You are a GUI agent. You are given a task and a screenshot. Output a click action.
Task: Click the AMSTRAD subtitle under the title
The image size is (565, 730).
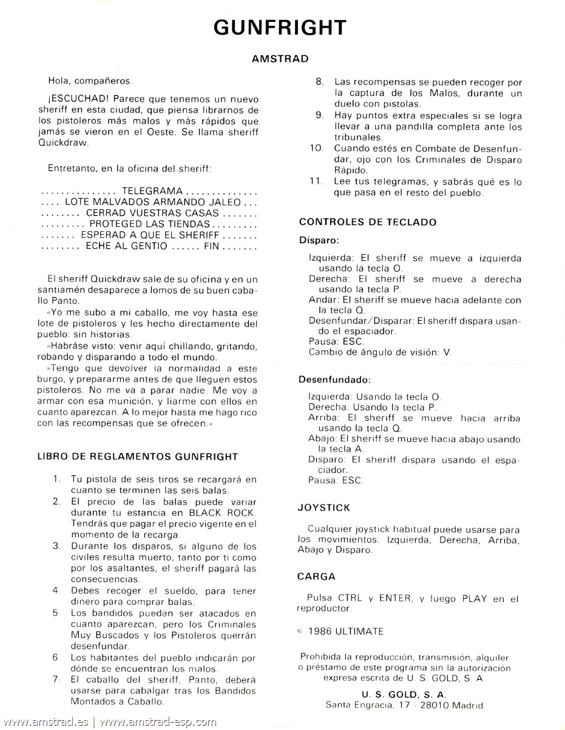point(280,59)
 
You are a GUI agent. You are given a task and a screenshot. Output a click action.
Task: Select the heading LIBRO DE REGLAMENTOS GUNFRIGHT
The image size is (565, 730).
point(138,457)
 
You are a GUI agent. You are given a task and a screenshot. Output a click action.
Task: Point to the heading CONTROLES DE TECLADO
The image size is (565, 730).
point(368,222)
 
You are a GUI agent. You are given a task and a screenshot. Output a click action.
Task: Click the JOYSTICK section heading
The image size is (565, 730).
point(323,507)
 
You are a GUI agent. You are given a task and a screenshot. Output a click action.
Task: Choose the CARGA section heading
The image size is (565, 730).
point(316,576)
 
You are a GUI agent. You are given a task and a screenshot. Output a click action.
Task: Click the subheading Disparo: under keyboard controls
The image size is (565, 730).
point(319,240)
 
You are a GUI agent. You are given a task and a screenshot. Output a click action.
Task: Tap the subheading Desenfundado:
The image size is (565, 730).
point(334,380)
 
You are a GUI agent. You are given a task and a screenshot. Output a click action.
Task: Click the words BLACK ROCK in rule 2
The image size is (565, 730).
point(223,512)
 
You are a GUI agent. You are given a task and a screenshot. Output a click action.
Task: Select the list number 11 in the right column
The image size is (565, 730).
point(316,182)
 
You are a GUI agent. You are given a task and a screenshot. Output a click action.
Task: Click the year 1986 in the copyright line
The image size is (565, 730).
point(321,631)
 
